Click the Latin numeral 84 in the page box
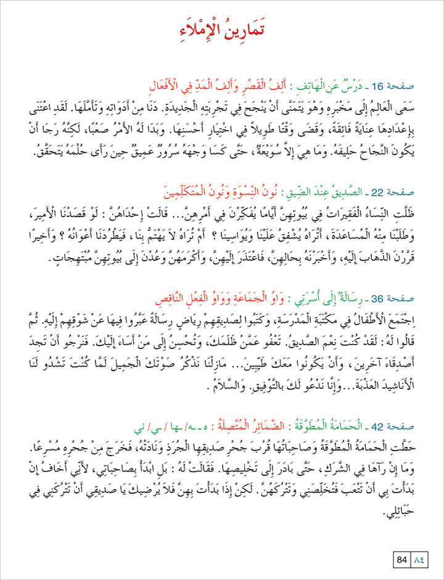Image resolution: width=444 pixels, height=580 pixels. pyautogui.click(x=401, y=560)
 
